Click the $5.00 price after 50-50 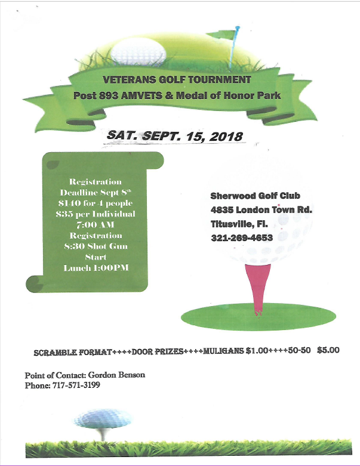328,350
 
